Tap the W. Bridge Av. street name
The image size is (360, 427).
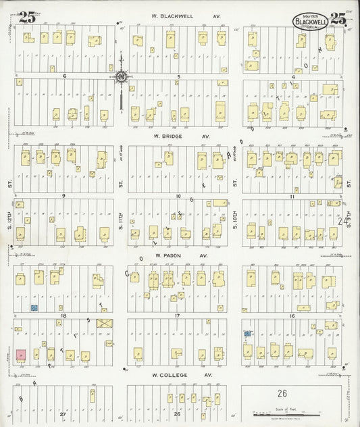point(180,136)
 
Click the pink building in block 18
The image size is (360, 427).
point(21,355)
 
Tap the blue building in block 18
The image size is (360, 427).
point(33,307)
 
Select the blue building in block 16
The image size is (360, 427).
point(248,334)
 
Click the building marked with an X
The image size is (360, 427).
point(105,324)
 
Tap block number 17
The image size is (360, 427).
point(178,316)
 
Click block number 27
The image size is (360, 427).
point(63,413)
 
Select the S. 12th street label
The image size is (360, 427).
point(11,215)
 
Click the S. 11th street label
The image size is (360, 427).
point(122,215)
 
